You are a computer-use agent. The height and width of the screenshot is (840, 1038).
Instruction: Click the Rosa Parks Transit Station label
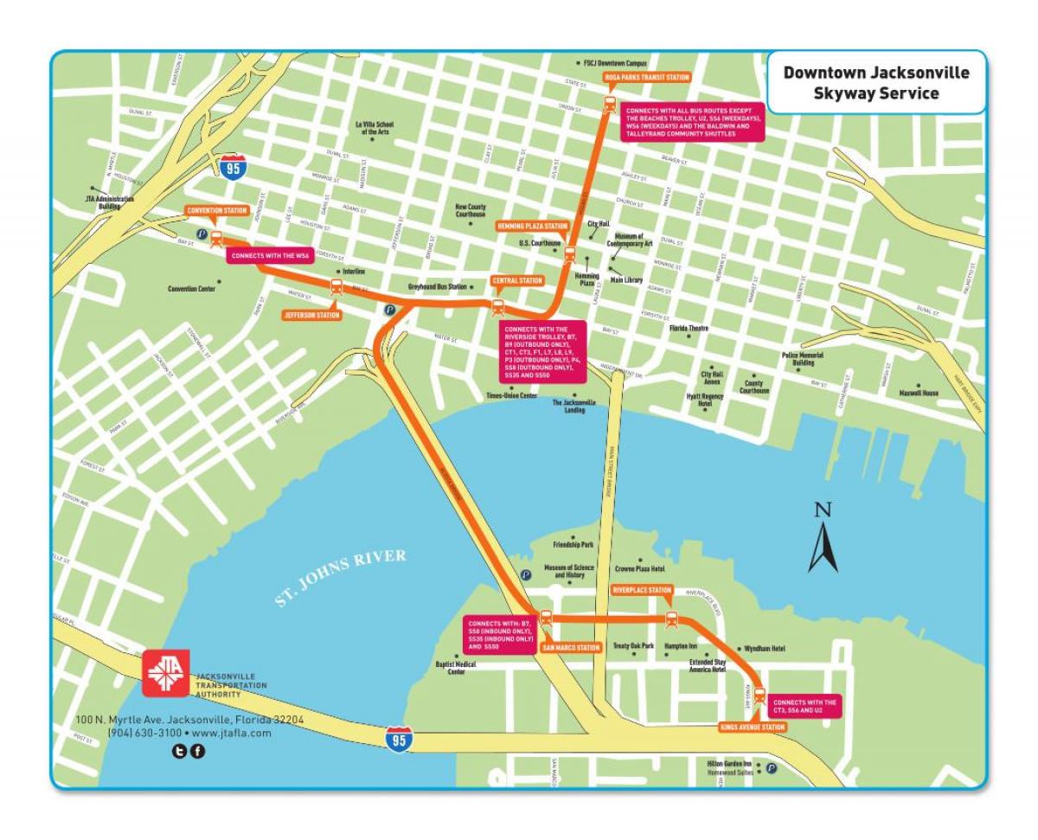tap(647, 77)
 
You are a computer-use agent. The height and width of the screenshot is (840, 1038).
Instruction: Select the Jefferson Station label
tap(311, 316)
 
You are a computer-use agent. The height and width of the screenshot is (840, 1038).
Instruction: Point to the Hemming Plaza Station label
tap(532, 227)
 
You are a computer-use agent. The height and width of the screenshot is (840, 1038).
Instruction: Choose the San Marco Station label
tap(571, 647)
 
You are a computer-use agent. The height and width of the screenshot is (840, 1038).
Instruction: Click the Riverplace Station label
tap(642, 590)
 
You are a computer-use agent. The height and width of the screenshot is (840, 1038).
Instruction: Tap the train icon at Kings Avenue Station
tap(759, 694)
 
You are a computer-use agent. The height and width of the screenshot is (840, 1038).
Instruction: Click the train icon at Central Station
tap(497, 306)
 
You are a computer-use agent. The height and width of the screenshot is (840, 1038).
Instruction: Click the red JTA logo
tap(165, 672)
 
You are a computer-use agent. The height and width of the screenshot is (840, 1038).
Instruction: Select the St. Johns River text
tap(341, 578)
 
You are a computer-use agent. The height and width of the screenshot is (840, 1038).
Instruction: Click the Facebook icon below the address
tap(197, 751)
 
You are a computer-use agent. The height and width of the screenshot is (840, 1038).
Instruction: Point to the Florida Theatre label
tap(689, 329)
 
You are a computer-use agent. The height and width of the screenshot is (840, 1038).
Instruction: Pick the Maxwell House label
tap(918, 393)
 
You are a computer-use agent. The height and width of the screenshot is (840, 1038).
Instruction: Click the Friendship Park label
tap(573, 545)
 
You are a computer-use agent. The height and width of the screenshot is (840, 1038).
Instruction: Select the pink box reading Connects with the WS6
tap(270, 256)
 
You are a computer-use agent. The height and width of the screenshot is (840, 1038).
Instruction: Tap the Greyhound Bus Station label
tap(437, 286)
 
